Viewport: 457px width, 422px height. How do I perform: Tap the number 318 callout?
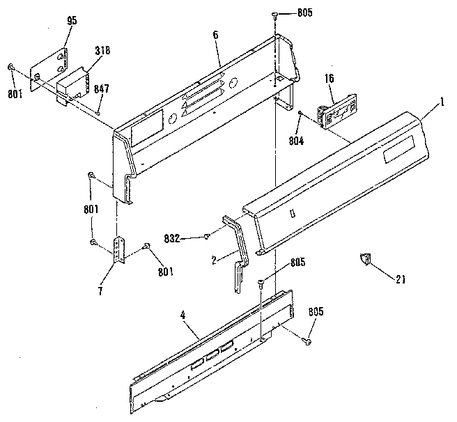[x=102, y=50]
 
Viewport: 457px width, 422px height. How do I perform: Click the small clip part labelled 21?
[x=364, y=259]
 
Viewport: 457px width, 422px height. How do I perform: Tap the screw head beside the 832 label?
[x=208, y=237]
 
